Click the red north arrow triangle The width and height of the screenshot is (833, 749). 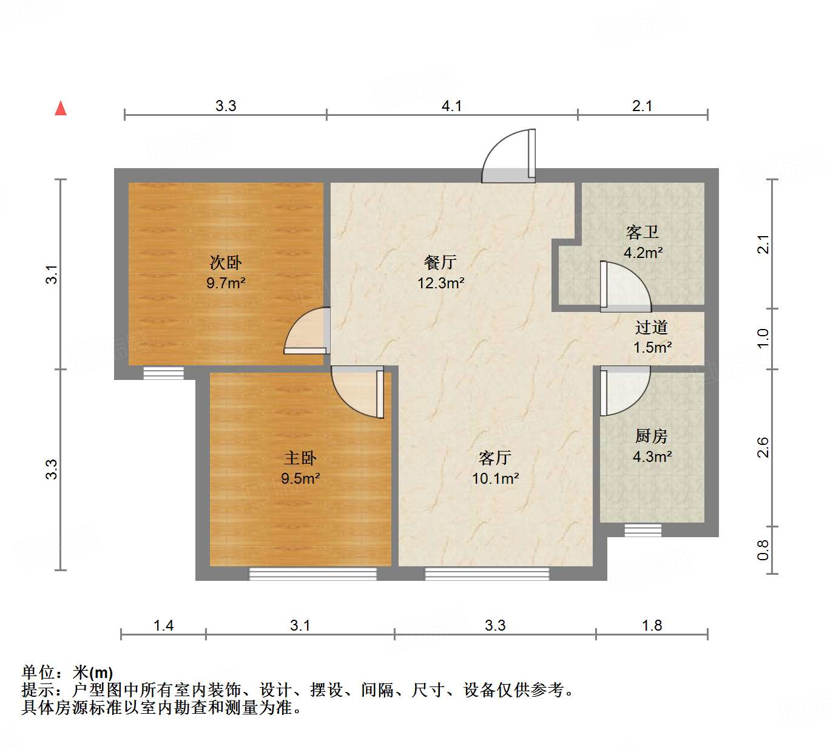(61, 108)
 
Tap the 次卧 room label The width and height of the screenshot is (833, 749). (226, 262)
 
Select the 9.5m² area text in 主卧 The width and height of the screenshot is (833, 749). (300, 478)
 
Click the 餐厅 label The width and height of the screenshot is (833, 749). (440, 262)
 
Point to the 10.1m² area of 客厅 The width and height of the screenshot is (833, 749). (495, 478)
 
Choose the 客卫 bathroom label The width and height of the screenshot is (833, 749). (642, 232)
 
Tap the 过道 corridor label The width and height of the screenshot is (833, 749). (652, 327)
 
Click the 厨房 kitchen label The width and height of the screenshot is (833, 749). (652, 436)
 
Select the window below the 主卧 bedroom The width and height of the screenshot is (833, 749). (313, 574)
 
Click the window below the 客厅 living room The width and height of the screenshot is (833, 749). (487, 574)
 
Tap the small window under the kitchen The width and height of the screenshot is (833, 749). (642, 530)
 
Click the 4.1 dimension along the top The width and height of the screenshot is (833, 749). (452, 106)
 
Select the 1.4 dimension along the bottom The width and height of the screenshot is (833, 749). (164, 625)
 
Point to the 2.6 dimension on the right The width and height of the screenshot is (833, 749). (763, 447)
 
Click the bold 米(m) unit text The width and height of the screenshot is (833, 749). (93, 673)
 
